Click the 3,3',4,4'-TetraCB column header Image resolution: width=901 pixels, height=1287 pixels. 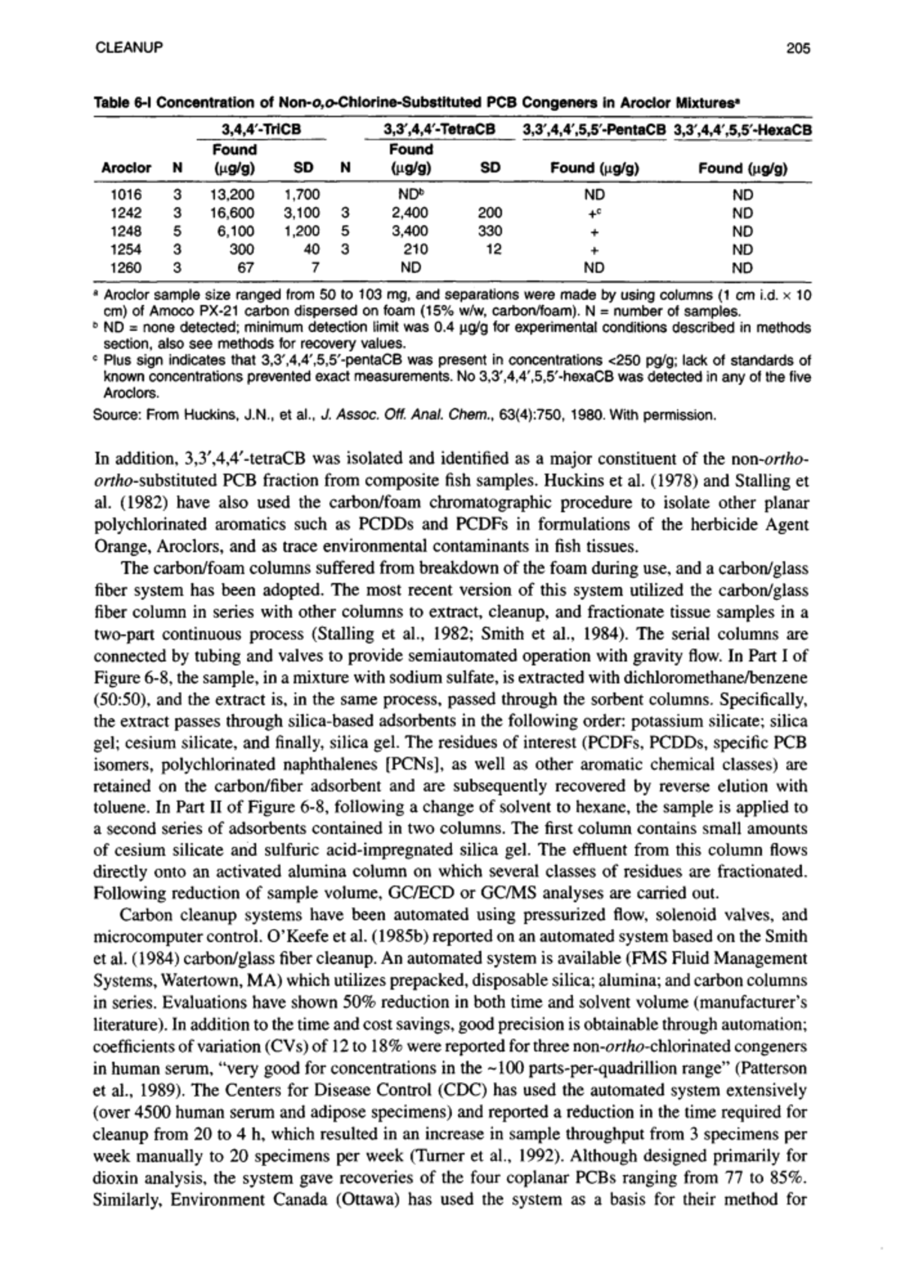(x=439, y=130)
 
